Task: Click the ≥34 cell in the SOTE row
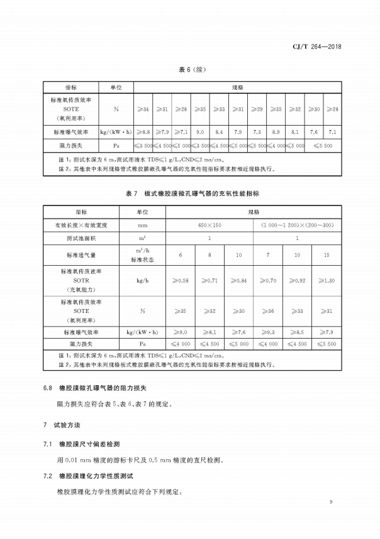coord(143,109)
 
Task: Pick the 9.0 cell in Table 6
coord(201,132)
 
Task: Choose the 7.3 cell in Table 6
coord(257,132)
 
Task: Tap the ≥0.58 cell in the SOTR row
coord(181,280)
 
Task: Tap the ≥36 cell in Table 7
coord(268,310)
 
